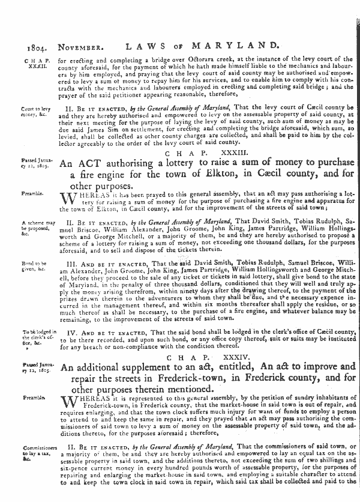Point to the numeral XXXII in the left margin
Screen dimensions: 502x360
pos(32,67)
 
